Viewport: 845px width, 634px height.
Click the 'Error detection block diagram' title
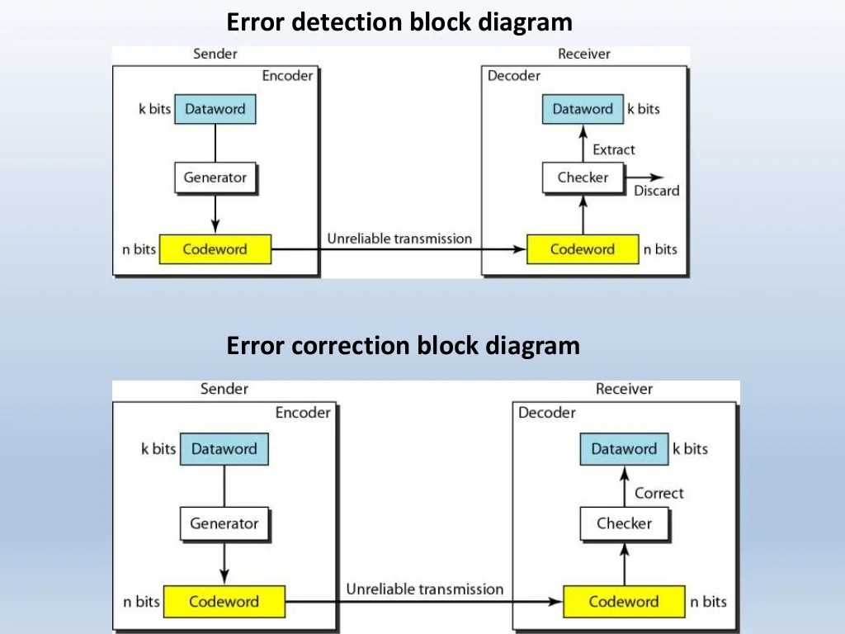pyautogui.click(x=399, y=21)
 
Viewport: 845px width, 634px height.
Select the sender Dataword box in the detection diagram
pyautogui.click(x=215, y=109)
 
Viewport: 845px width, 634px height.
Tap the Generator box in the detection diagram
pyautogui.click(x=215, y=177)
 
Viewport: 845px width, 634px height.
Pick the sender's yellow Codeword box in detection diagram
pyautogui.click(x=215, y=249)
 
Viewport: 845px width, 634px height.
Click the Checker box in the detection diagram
pyautogui.click(x=583, y=177)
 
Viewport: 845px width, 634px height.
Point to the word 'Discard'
pyautogui.click(x=656, y=191)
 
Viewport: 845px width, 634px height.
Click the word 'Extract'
pyautogui.click(x=614, y=149)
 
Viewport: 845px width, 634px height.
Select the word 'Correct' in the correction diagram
pyautogui.click(x=659, y=493)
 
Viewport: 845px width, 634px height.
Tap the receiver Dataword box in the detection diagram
pyautogui.click(x=583, y=109)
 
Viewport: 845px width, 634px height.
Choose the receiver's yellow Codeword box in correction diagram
pyautogui.click(x=623, y=602)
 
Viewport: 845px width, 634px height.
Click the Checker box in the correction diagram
pyautogui.click(x=624, y=523)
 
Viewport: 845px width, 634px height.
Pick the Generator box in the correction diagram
pyautogui.click(x=224, y=523)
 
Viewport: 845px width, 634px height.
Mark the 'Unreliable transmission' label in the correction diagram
pyautogui.click(x=424, y=589)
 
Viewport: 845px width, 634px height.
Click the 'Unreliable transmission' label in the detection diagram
pyautogui.click(x=399, y=239)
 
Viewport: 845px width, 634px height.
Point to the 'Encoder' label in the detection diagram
pyautogui.click(x=287, y=76)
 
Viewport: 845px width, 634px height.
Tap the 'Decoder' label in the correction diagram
pyautogui.click(x=546, y=412)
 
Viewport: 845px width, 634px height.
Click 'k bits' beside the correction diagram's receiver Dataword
pyautogui.click(x=690, y=449)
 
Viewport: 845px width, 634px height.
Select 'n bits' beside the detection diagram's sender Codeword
pyautogui.click(x=139, y=249)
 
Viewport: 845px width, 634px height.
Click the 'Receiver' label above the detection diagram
pyautogui.click(x=583, y=54)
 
